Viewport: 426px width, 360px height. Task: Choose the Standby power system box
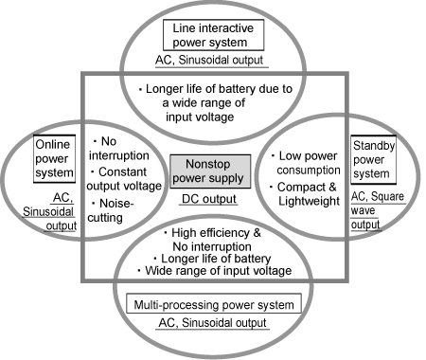click(x=373, y=158)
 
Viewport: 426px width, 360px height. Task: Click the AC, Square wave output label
click(x=372, y=209)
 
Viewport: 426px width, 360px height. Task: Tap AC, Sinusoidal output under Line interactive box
click(x=212, y=62)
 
